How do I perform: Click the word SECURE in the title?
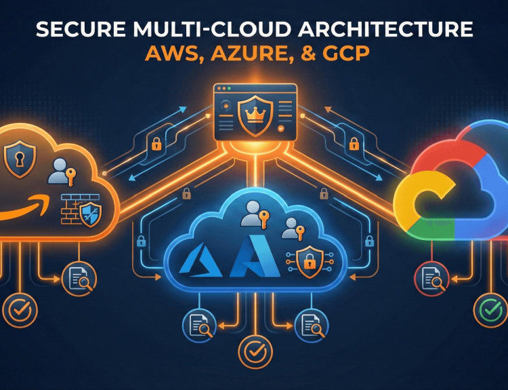pyautogui.click(x=81, y=29)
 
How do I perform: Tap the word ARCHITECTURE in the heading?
pyautogui.click(x=385, y=29)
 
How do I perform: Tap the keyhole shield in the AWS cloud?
pyautogui.click(x=20, y=159)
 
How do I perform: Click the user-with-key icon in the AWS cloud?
pyautogui.click(x=62, y=172)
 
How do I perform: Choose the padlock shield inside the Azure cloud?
pyautogui.click(x=310, y=262)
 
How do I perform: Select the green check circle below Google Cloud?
pyautogui.click(x=490, y=310)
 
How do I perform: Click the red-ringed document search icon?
pyautogui.click(x=431, y=279)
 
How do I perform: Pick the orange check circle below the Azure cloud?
pyautogui.click(x=255, y=353)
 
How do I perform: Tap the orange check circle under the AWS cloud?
pyautogui.click(x=20, y=310)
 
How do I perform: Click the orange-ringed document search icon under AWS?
pyautogui.click(x=79, y=279)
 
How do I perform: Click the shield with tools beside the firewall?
pyautogui.click(x=91, y=214)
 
